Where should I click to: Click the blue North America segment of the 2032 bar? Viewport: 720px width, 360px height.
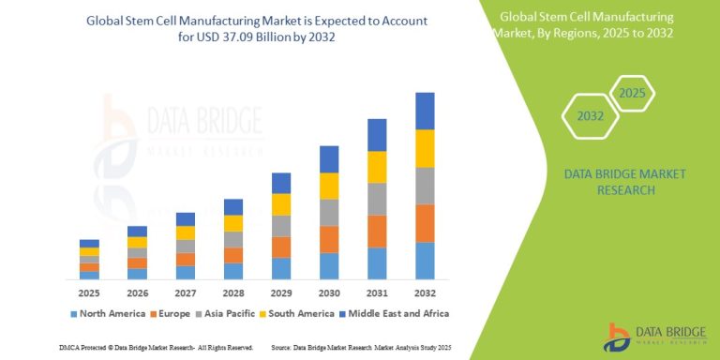[x=425, y=260]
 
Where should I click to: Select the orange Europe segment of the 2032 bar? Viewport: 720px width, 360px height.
[x=425, y=223]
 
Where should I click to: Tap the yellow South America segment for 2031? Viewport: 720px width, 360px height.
[x=377, y=167]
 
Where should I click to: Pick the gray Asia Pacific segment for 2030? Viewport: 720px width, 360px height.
[x=329, y=212]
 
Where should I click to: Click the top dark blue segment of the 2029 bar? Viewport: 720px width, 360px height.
[x=281, y=183]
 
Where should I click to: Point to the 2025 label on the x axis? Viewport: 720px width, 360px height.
[x=89, y=292]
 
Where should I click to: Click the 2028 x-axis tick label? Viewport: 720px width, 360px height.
[x=233, y=292]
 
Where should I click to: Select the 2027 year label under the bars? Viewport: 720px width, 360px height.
[x=186, y=292]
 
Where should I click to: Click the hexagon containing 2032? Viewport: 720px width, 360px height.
[x=589, y=117]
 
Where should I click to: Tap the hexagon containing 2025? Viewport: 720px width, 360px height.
[x=633, y=95]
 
